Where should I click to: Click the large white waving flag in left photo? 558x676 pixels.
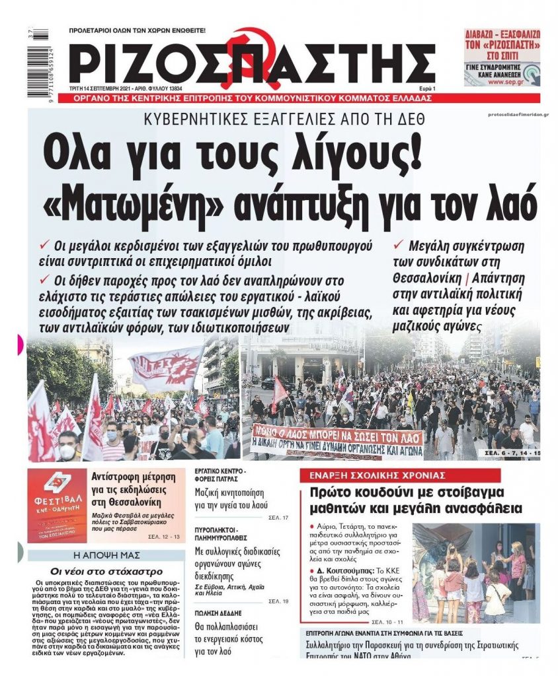[165, 367]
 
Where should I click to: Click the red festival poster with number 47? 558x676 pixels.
[57, 505]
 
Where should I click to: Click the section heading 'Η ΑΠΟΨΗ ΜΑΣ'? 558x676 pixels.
[105, 555]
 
